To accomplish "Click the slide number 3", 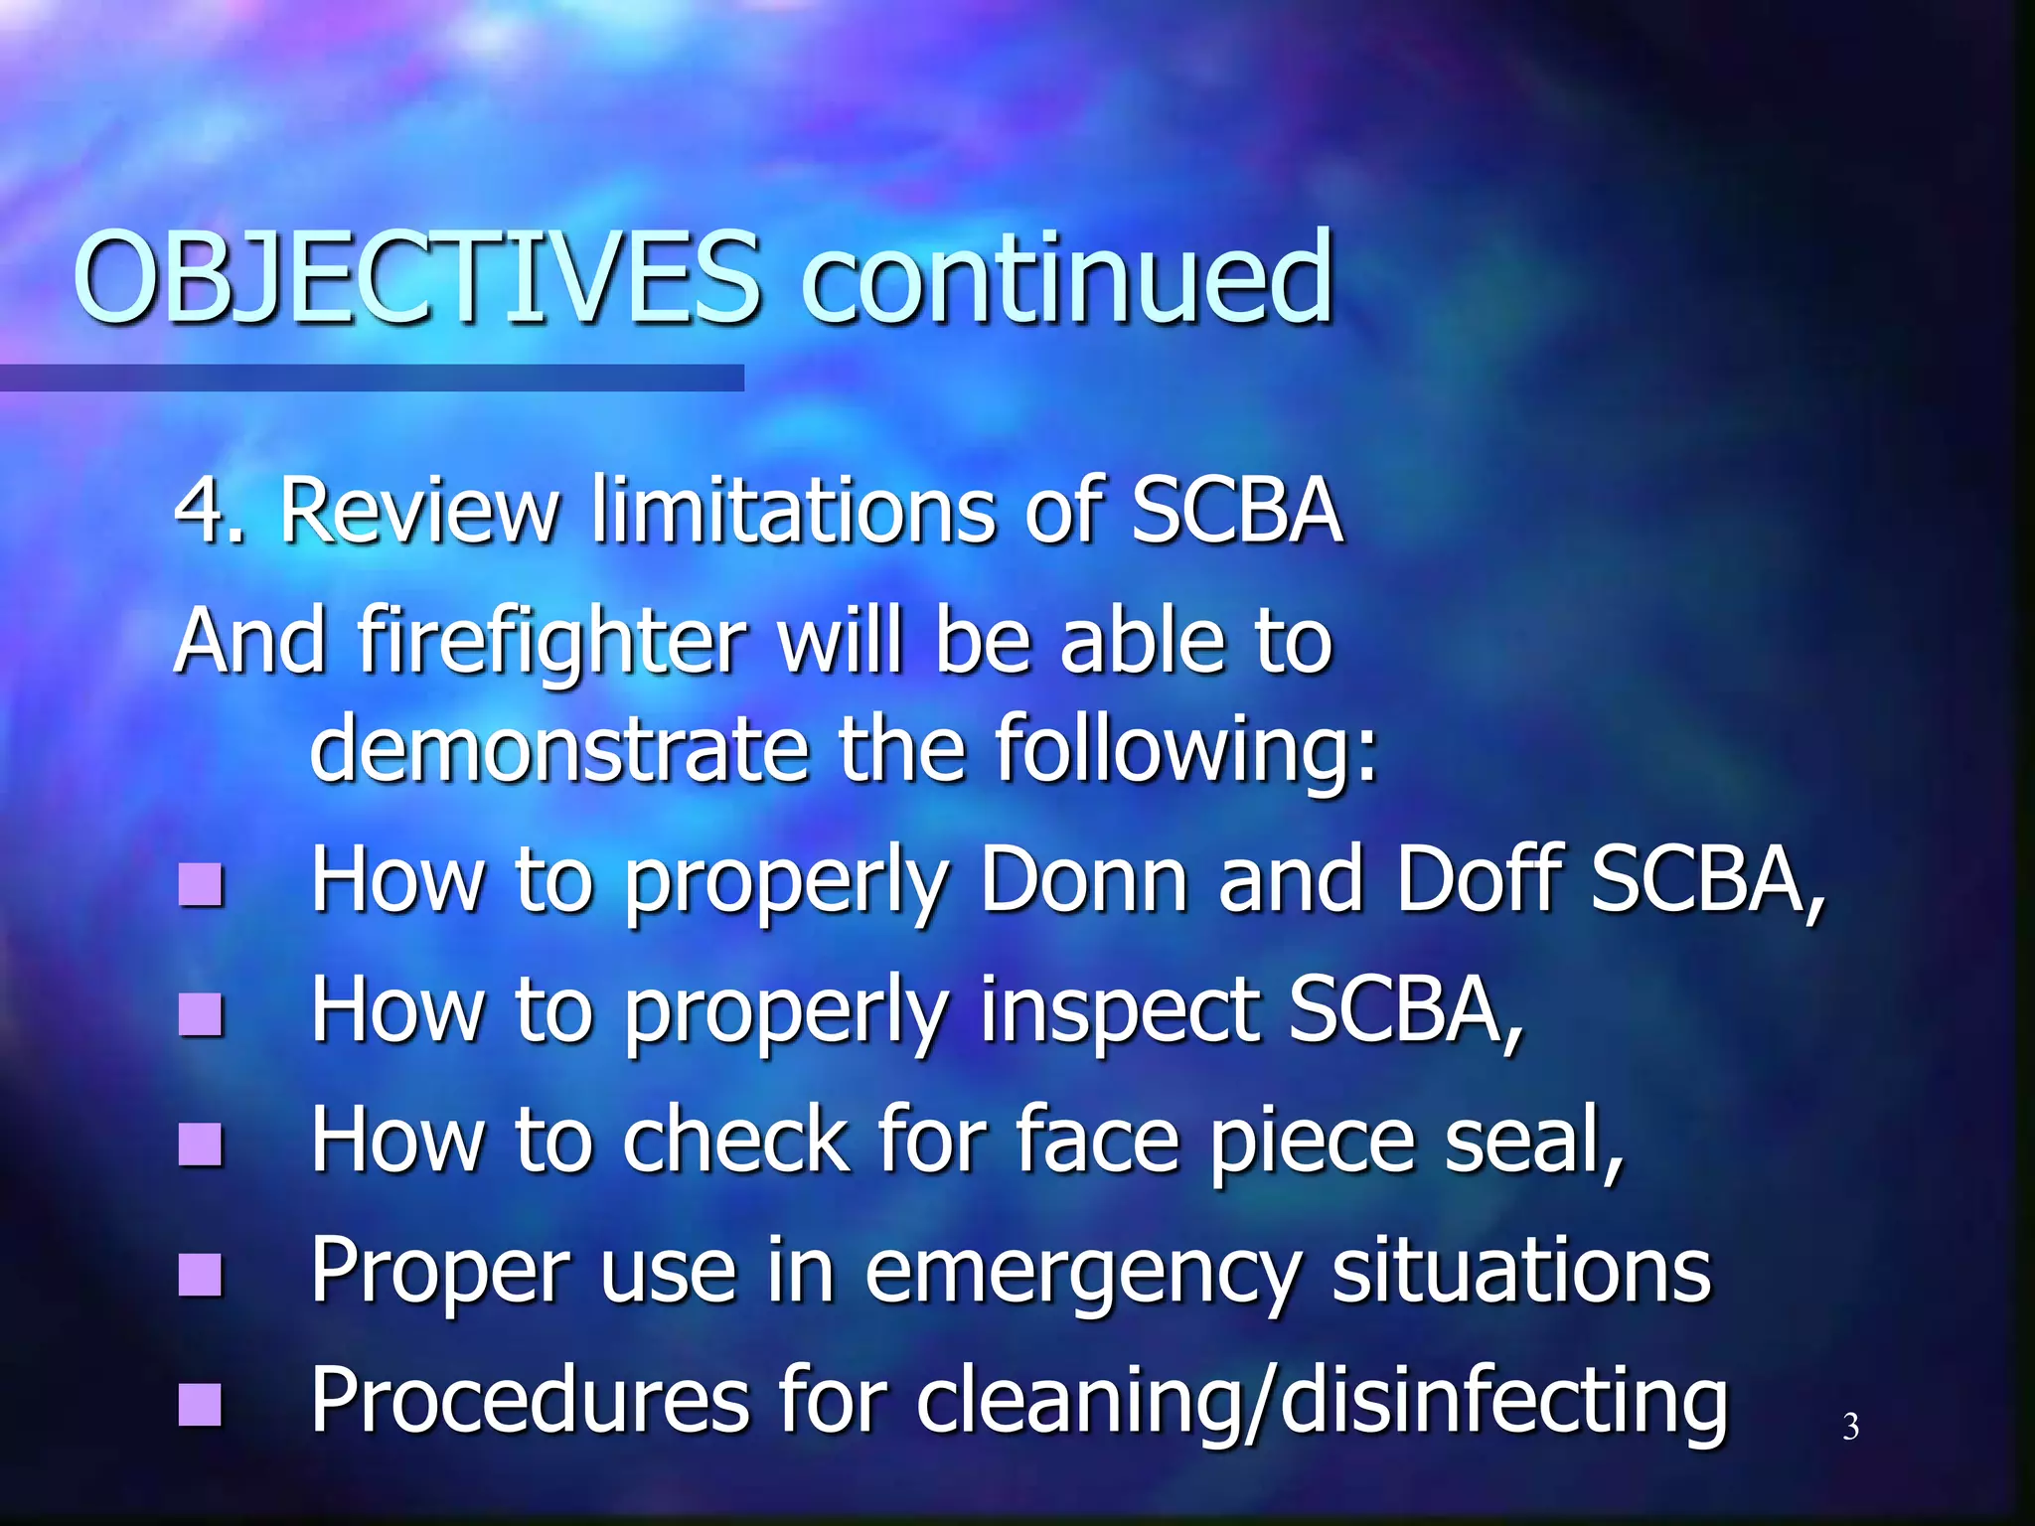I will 1850,1427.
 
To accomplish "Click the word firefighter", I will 551,643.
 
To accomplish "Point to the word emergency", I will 1082,1274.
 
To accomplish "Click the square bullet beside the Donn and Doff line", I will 201,884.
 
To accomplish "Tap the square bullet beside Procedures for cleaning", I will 201,1404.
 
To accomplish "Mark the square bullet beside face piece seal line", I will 201,1144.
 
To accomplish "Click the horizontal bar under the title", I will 372,378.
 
